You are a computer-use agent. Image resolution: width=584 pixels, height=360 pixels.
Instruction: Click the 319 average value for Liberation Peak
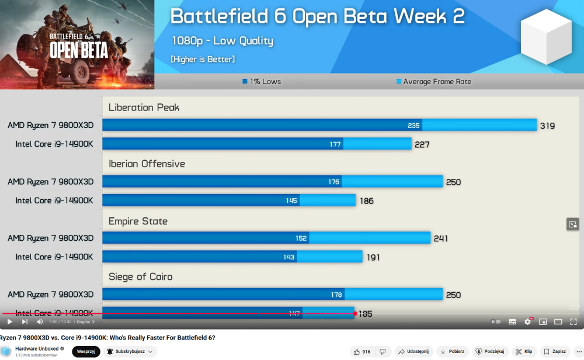pos(547,126)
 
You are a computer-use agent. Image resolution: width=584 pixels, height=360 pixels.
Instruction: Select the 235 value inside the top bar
pos(413,126)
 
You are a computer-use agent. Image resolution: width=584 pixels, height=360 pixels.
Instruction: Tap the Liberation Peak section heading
pos(144,108)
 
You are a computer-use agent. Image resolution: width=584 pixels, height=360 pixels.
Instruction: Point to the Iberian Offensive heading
pos(147,164)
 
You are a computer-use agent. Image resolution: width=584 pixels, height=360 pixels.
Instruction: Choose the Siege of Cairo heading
pos(140,277)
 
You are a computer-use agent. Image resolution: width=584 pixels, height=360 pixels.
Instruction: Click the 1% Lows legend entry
pos(262,82)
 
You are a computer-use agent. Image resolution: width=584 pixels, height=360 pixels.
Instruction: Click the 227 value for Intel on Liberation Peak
pos(422,144)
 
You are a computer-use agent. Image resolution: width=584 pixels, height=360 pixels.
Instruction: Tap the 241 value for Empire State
pos(440,238)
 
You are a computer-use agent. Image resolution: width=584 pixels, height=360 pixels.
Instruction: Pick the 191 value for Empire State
pos(373,257)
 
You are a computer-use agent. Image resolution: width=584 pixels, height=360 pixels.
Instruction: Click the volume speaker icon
pos(40,321)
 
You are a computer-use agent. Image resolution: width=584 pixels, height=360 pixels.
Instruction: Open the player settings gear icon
pos(528,321)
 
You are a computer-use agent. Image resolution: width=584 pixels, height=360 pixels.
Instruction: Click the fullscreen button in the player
pos(573,321)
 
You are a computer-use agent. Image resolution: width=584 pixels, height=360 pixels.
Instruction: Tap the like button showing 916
pos(362,351)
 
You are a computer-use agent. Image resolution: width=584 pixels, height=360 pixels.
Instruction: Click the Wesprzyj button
pos(86,351)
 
